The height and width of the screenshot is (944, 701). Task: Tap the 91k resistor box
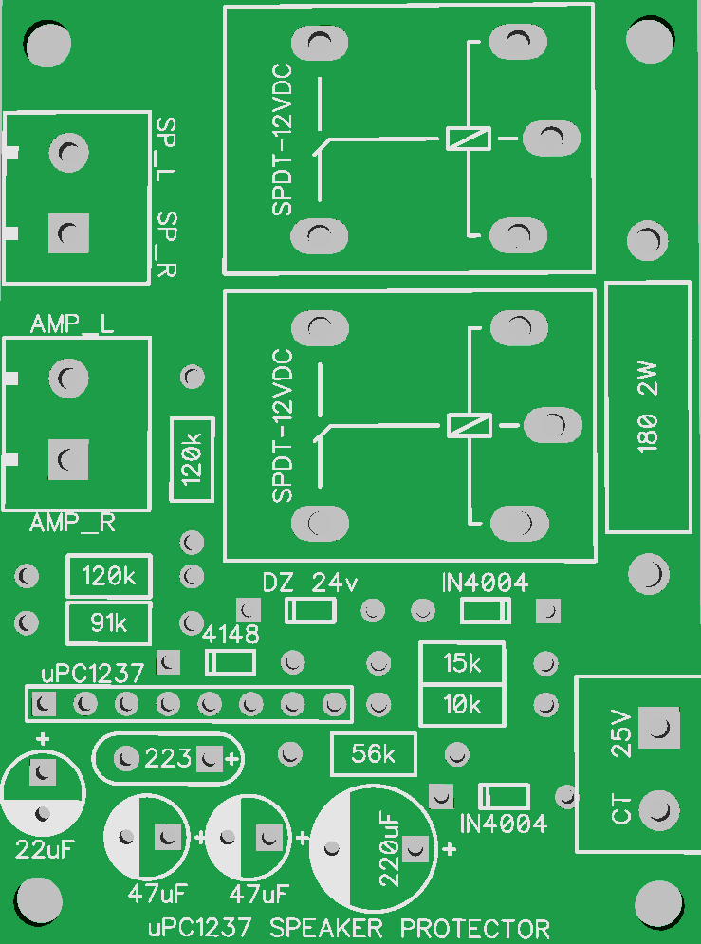click(x=109, y=623)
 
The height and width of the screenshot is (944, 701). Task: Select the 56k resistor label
click(x=374, y=754)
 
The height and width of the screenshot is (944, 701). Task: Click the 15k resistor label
click(x=462, y=664)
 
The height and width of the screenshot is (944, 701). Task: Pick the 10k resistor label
click(x=462, y=705)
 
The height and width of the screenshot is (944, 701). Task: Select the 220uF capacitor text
click(x=389, y=849)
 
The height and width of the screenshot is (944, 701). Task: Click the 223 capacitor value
click(x=168, y=758)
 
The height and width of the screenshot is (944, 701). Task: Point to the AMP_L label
click(x=72, y=324)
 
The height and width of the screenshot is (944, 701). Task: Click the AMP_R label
click(x=72, y=523)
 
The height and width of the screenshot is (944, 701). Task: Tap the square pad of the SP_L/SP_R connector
click(x=67, y=232)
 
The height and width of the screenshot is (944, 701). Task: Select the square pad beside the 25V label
click(x=658, y=729)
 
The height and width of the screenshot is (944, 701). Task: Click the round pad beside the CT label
click(x=658, y=810)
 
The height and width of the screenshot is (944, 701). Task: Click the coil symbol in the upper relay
click(x=469, y=139)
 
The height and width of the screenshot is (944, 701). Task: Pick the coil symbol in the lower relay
click(x=469, y=425)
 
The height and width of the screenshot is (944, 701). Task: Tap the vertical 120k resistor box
click(x=193, y=458)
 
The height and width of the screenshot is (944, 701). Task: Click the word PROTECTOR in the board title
click(x=475, y=928)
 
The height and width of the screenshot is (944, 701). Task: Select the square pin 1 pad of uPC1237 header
click(x=43, y=704)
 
